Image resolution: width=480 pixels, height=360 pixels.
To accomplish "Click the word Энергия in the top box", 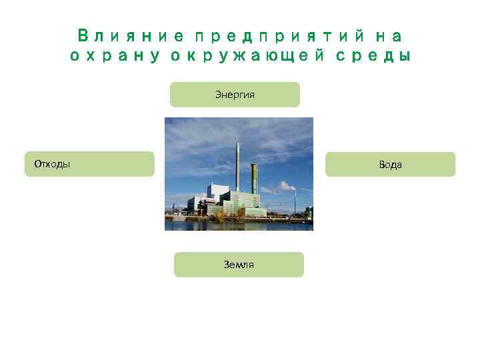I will (235, 95).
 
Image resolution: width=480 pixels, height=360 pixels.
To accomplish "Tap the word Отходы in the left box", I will (47, 164).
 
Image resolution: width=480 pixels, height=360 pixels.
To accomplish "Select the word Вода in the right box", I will (390, 165).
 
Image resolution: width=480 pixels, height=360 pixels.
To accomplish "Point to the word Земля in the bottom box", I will (239, 265).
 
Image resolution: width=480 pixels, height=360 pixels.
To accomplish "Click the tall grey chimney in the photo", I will (238, 167).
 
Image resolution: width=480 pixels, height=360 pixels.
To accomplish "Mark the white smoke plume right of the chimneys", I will (285, 187).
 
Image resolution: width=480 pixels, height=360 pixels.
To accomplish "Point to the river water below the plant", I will (239, 224).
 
